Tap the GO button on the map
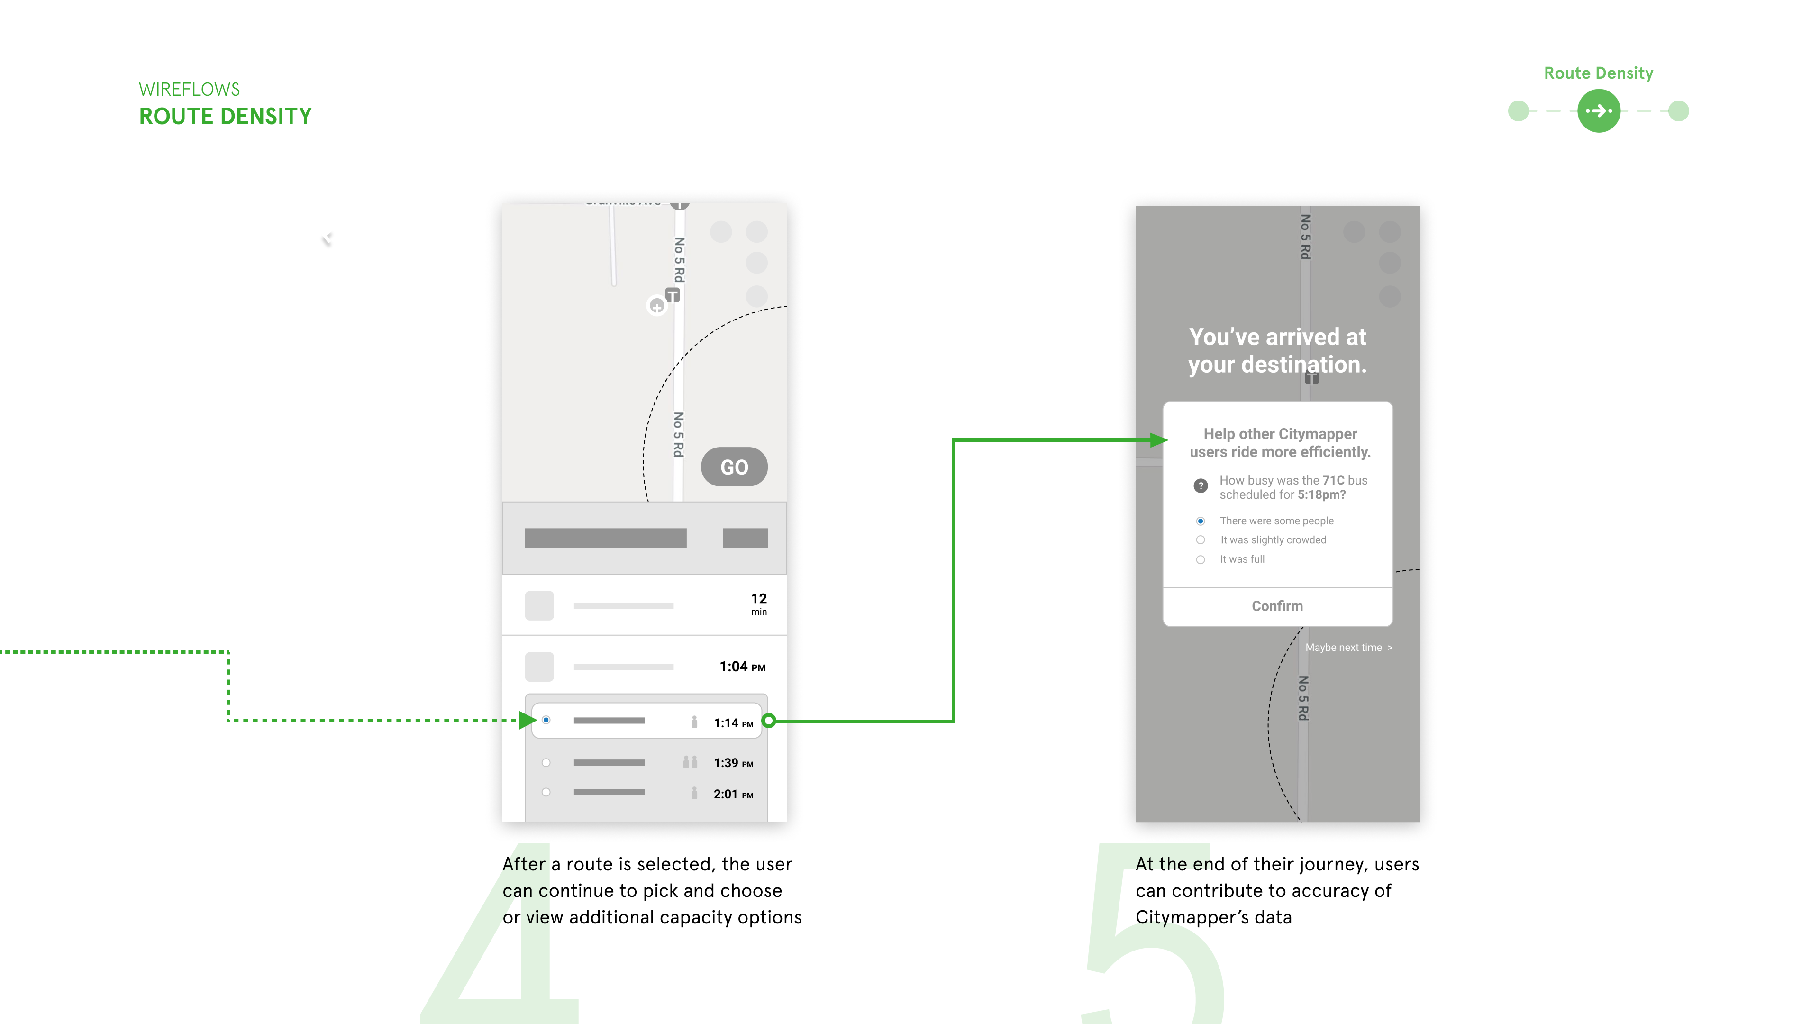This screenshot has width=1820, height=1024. tap(734, 466)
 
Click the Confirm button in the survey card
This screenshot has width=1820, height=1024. tap(1277, 606)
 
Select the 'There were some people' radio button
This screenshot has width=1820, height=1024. tap(1201, 521)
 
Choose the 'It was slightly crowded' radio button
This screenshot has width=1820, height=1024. tap(1201, 540)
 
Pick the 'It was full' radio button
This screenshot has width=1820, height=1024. tap(1201, 560)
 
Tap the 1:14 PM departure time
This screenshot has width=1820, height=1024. tap(733, 723)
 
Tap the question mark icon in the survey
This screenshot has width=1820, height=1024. tap(1201, 485)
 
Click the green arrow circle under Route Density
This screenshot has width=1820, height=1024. tap(1598, 111)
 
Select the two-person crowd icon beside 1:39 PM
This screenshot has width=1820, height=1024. tap(690, 762)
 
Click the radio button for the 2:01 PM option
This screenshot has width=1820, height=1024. tap(546, 792)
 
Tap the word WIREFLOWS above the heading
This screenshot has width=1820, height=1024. tap(190, 90)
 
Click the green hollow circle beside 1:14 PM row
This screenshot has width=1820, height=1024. tap(769, 721)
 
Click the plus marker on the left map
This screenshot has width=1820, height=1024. tap(657, 306)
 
